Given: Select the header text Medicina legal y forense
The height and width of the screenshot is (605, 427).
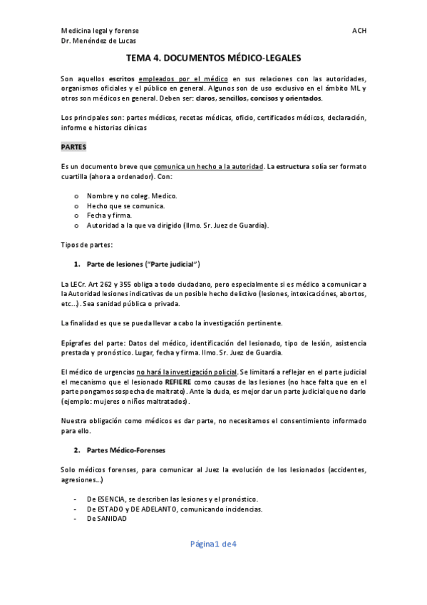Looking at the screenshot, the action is (x=100, y=31).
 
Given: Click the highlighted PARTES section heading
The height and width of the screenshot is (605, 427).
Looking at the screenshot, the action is (x=73, y=147).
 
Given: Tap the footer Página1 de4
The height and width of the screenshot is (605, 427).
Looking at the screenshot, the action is (x=213, y=544).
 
